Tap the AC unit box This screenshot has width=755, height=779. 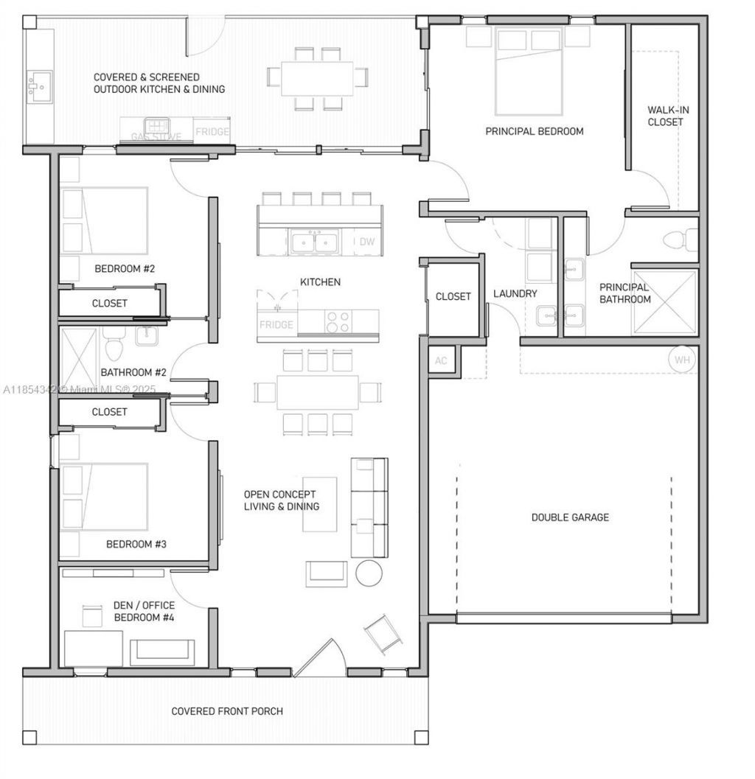pos(441,361)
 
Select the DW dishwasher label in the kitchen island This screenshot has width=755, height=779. pos(367,242)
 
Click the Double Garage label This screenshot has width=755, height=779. pos(570,517)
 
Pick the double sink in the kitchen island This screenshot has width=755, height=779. pos(315,242)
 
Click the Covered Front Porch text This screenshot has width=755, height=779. pos(227,711)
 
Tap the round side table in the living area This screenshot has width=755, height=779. pos(369,573)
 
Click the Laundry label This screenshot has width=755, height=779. pos(515,294)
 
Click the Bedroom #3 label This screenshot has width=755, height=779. pos(136,545)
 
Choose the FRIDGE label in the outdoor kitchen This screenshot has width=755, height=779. pos(212,133)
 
